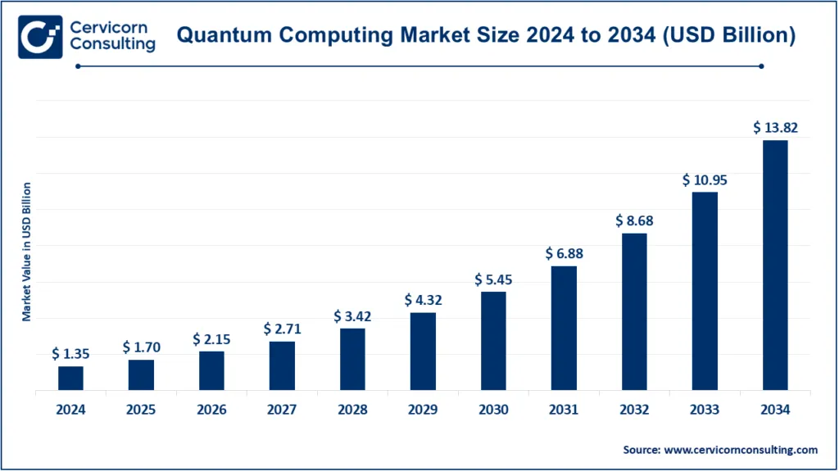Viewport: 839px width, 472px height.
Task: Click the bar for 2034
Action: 775,265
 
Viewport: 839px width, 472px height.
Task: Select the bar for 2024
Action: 70,378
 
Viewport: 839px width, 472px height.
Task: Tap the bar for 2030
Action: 493,340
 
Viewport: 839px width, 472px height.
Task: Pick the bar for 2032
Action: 634,311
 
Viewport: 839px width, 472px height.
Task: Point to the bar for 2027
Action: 282,365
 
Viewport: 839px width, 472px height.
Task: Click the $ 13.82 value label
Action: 775,128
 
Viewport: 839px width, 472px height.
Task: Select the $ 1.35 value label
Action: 70,354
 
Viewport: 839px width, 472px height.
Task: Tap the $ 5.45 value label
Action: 493,279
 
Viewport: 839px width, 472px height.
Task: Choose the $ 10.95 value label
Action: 705,179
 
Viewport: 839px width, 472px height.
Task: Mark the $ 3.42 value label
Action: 352,315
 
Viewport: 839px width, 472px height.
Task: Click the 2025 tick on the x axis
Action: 141,410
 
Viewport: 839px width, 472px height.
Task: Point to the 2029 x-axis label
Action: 423,410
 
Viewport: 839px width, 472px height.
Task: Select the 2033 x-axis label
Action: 705,410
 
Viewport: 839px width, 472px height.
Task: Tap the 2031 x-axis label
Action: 564,410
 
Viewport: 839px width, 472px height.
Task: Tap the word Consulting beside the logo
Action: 112,44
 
